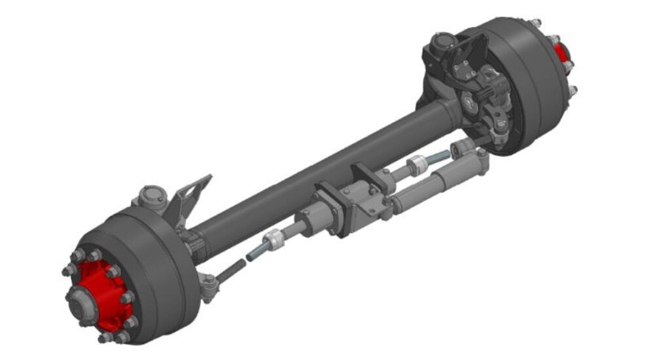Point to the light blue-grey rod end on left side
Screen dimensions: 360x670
[256, 251]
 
